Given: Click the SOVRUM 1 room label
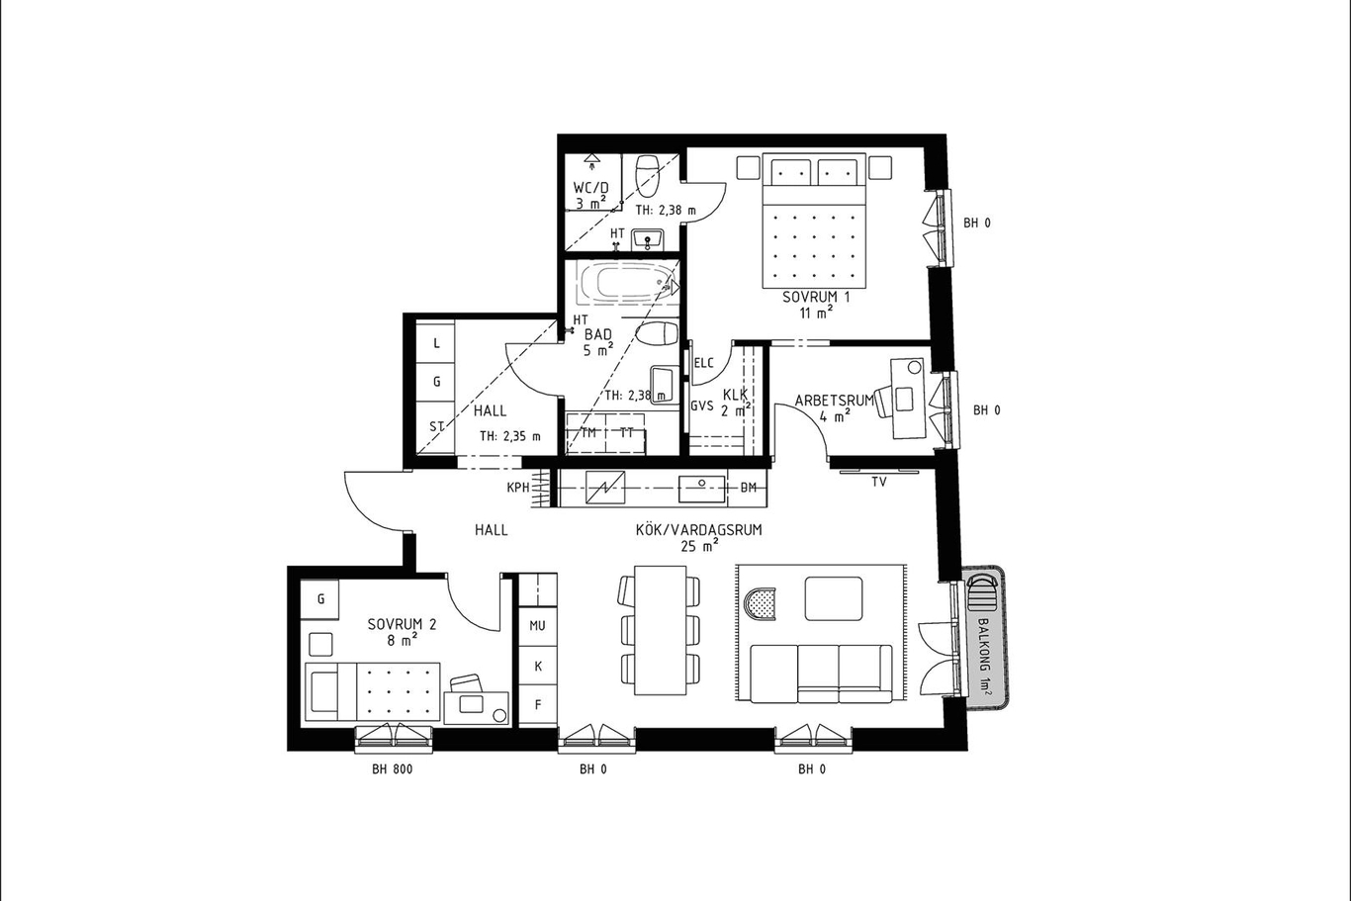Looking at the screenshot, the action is (816, 297).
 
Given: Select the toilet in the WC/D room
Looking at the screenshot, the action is (647, 176).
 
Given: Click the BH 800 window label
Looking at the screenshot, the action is (392, 769).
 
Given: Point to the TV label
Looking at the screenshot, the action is (879, 482).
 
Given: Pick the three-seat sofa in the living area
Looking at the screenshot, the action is (822, 674).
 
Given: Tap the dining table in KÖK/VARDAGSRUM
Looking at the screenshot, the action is (661, 630).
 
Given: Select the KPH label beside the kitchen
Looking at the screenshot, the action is (517, 488).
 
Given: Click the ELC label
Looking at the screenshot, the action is (704, 363).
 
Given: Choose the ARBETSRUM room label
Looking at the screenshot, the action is (834, 401).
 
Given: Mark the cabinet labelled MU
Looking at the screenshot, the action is (537, 625).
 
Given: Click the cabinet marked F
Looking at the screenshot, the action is (537, 704).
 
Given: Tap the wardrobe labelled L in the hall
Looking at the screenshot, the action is (436, 343).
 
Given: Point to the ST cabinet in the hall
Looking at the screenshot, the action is (436, 427).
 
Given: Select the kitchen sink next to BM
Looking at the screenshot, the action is (702, 488).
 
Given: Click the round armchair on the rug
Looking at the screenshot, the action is (760, 603).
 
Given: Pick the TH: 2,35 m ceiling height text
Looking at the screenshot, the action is (510, 436).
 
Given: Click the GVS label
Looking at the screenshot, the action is (702, 405).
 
